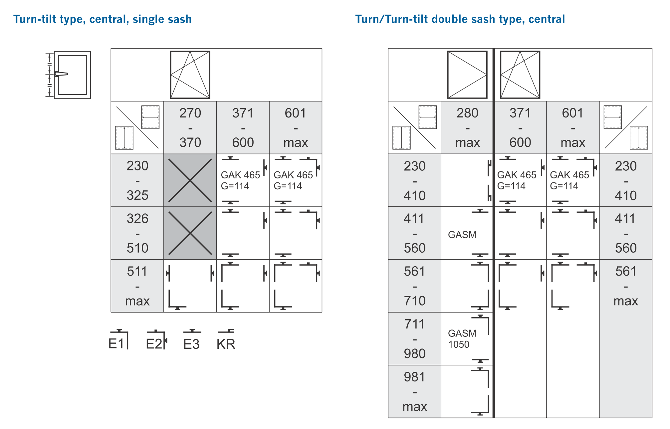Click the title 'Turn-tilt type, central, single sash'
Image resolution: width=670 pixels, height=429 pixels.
tap(102, 19)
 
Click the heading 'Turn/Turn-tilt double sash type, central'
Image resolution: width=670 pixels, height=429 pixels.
tap(460, 19)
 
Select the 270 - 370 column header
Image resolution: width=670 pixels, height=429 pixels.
tap(190, 127)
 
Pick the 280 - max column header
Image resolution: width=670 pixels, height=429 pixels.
tap(467, 127)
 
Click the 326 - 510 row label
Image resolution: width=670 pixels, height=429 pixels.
tap(137, 233)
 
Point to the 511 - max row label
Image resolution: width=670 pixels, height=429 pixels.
tap(137, 286)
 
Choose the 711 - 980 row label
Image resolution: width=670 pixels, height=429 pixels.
tap(414, 338)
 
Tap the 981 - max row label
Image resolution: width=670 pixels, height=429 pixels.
tap(414, 391)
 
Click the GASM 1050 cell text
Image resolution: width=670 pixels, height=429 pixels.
tap(462, 338)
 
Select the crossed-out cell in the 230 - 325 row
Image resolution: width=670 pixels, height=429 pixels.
tap(190, 180)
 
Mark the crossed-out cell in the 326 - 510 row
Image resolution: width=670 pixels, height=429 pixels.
tap(190, 233)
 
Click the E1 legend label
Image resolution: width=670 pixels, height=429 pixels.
tap(116, 344)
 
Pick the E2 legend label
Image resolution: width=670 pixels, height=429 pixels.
tap(154, 344)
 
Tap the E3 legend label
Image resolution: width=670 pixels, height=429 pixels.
tap(191, 344)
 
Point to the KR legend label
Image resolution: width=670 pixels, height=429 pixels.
tap(226, 344)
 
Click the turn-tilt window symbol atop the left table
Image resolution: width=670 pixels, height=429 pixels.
tap(190, 75)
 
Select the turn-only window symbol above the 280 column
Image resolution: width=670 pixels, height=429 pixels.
tap(467, 75)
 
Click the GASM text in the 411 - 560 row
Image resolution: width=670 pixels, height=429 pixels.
tap(462, 235)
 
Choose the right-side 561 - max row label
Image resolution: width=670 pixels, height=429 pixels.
tap(625, 286)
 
